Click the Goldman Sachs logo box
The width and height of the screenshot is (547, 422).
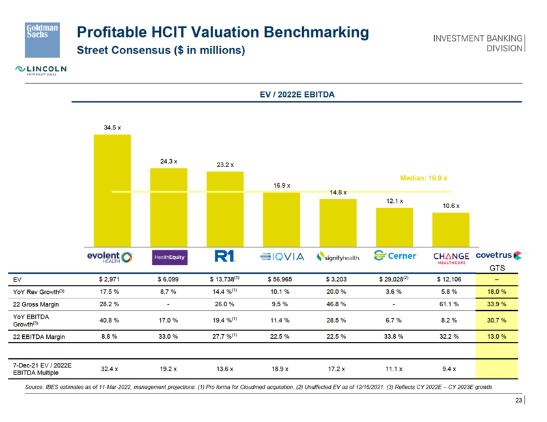click(42, 36)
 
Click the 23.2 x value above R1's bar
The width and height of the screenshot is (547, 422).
click(225, 165)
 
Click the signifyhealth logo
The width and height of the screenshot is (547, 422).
click(337, 257)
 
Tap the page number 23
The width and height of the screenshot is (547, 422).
click(518, 401)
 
